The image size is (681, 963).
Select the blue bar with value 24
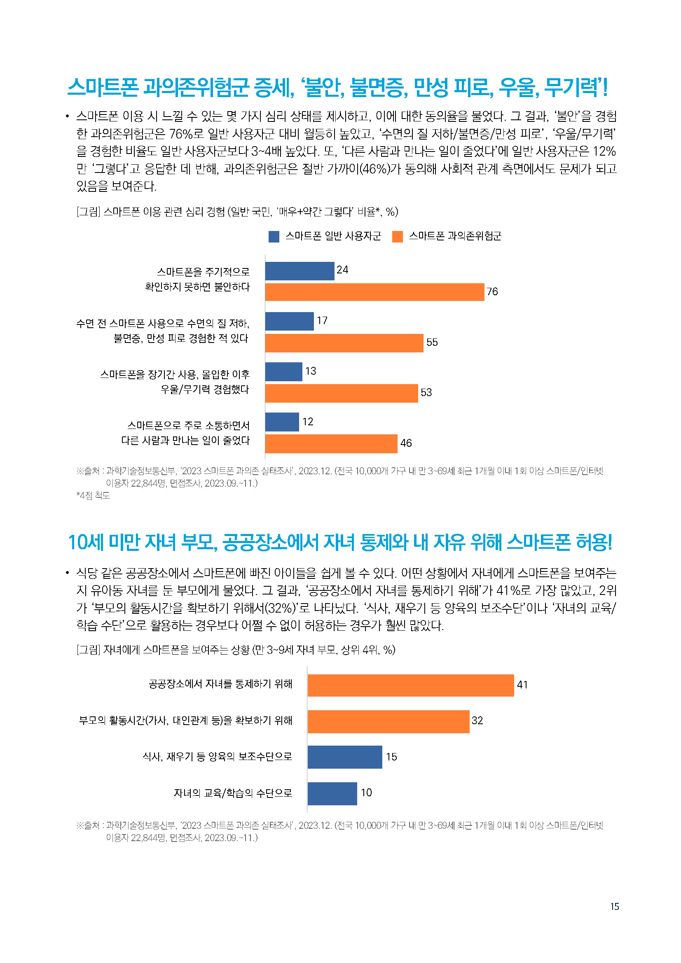300,271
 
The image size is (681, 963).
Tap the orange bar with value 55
344,343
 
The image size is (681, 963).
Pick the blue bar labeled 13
283,372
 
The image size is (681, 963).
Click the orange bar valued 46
331,444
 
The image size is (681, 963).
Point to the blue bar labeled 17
290,321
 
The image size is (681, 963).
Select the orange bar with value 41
410,686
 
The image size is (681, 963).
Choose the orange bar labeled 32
388,721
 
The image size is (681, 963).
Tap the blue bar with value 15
345,757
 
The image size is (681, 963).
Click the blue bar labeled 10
332,793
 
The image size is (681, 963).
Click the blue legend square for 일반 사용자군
274,237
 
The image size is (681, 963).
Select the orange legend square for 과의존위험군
398,237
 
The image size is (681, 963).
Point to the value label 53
426,393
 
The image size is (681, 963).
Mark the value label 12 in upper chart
308,422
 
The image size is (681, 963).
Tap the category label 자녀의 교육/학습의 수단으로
233,793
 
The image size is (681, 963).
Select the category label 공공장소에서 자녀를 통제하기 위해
220,684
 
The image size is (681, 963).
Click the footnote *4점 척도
93,495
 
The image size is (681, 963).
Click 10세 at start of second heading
86,542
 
